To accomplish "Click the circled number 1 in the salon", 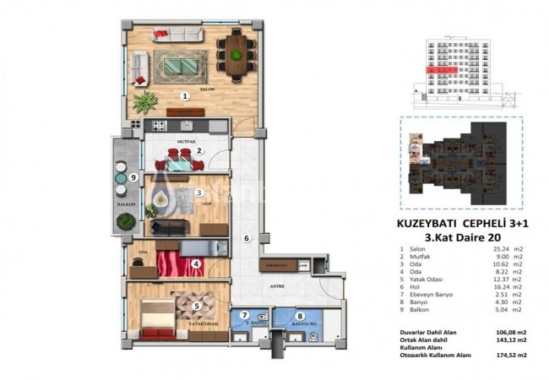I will (x=184, y=96).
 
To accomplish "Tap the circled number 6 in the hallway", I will (x=246, y=239).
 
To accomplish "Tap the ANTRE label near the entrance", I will (x=278, y=285).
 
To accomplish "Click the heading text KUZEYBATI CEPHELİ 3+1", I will (x=455, y=225).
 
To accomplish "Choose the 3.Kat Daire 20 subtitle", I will (x=437, y=239).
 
